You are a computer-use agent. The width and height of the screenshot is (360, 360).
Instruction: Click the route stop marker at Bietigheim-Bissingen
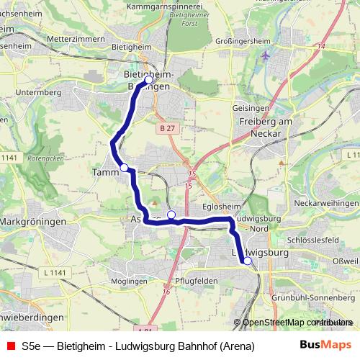(x=148, y=80)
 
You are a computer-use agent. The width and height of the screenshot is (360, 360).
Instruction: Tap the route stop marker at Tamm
(x=124, y=168)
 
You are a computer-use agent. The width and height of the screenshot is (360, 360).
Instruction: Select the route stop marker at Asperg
(x=171, y=215)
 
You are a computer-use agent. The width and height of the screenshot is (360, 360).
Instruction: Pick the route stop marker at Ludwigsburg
(x=247, y=261)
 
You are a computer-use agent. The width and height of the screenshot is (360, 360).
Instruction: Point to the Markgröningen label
(x=33, y=221)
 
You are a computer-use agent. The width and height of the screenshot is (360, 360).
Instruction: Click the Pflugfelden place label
(x=197, y=280)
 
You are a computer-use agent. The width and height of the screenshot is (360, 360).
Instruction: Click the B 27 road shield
(x=167, y=127)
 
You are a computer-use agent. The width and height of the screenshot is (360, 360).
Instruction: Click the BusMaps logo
(x=325, y=346)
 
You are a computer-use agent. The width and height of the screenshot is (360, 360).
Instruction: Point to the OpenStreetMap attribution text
(x=294, y=323)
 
